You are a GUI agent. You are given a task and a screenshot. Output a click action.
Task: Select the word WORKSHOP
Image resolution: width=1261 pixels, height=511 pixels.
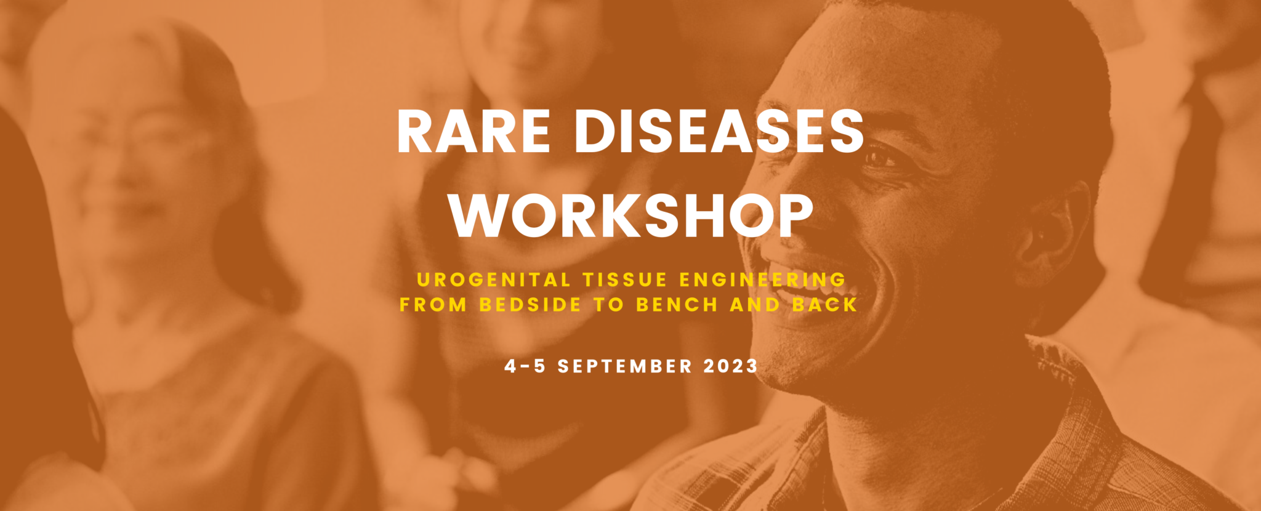(x=631, y=215)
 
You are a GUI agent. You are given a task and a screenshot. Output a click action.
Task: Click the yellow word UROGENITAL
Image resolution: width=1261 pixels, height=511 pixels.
(x=494, y=280)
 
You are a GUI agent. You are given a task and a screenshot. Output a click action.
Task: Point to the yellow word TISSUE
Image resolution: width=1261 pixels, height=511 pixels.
(x=625, y=280)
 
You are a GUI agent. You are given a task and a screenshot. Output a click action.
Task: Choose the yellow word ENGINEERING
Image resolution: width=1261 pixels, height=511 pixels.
(x=762, y=280)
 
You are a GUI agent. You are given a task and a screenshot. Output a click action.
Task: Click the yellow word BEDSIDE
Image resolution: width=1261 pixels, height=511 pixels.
(x=530, y=305)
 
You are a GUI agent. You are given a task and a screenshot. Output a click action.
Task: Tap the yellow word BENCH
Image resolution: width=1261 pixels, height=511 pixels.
(x=677, y=305)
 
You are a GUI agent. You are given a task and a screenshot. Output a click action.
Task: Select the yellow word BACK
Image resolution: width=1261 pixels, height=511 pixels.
(x=825, y=305)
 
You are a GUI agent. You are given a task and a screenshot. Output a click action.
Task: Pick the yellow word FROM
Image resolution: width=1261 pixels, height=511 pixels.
(x=433, y=305)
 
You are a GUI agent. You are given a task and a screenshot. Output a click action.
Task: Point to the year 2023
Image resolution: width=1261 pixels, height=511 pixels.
(x=730, y=366)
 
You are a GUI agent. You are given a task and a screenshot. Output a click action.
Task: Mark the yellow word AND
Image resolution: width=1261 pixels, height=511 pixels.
(x=755, y=305)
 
